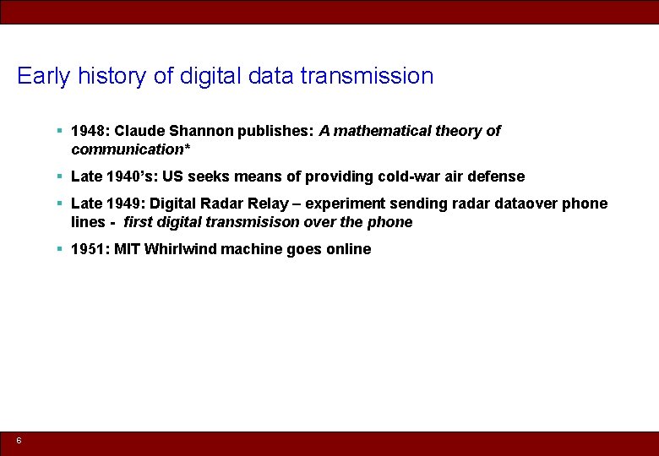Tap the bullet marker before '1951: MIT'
point(59,249)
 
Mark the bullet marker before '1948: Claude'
point(59,131)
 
